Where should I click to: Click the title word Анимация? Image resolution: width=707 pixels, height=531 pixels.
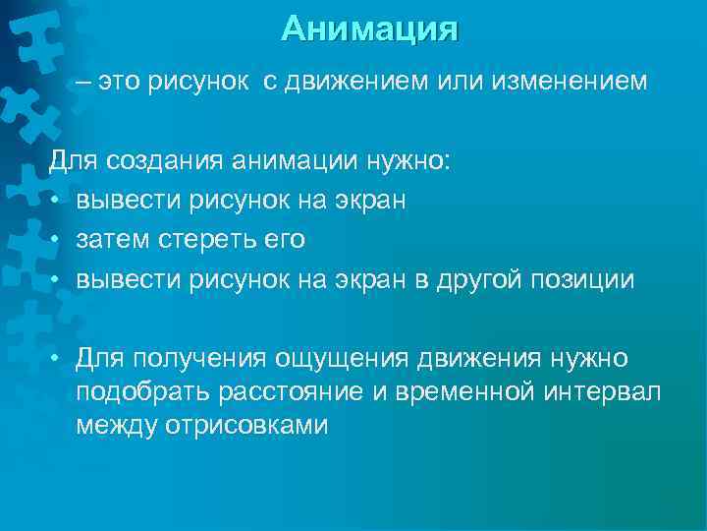pos(369,29)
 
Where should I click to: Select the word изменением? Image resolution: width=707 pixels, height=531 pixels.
pos(570,83)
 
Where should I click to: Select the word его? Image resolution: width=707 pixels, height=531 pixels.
pos(286,240)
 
